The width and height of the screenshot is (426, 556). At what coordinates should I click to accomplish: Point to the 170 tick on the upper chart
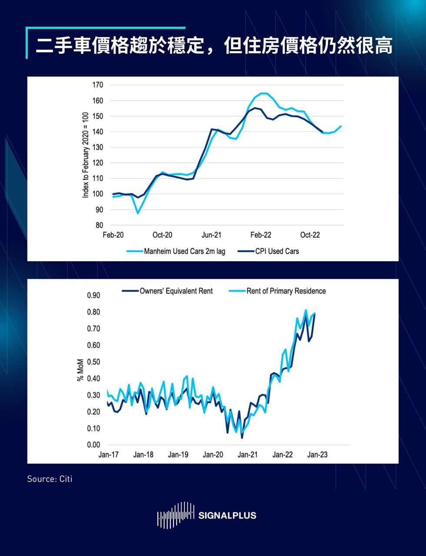pyautogui.click(x=98, y=85)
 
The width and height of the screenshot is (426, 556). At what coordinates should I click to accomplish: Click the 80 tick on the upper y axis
pyautogui.click(x=99, y=225)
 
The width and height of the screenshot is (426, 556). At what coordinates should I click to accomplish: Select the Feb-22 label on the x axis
pyautogui.click(x=261, y=235)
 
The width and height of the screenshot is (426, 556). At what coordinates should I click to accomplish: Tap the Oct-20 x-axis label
pyautogui.click(x=162, y=235)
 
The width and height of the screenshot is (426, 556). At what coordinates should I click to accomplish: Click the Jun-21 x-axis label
pyautogui.click(x=211, y=235)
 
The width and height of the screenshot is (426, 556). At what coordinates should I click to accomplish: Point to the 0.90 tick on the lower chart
pyautogui.click(x=94, y=295)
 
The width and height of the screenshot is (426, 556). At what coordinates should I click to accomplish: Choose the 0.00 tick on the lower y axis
pyautogui.click(x=94, y=445)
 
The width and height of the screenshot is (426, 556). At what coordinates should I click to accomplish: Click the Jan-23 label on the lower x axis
pyautogui.click(x=317, y=455)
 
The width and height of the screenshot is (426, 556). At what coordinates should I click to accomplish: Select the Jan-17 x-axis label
pyautogui.click(x=108, y=455)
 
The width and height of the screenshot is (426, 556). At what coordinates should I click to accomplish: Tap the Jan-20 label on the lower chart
pyautogui.click(x=213, y=455)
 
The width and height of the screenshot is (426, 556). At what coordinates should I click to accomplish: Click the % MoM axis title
pyautogui.click(x=80, y=370)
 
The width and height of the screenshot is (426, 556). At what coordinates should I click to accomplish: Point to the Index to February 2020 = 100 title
pyautogui.click(x=86, y=155)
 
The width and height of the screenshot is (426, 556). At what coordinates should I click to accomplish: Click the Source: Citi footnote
pyautogui.click(x=50, y=479)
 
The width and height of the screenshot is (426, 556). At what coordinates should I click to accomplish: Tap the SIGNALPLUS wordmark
pyautogui.click(x=227, y=516)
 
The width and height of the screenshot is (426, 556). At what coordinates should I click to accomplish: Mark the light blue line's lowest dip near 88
pyautogui.click(x=138, y=213)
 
